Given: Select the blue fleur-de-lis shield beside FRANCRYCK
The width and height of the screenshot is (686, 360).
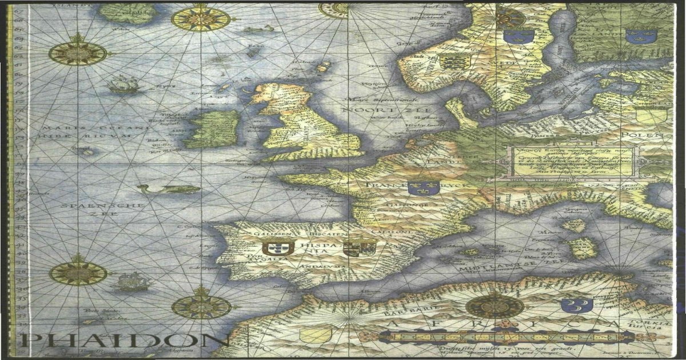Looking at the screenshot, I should pyautogui.click(x=423, y=187).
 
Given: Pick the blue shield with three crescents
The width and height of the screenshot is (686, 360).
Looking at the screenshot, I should pyautogui.click(x=576, y=305).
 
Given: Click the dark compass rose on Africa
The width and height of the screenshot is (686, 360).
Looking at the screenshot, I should pyautogui.click(x=494, y=306).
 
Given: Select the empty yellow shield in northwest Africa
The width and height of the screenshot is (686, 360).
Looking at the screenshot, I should pyautogui.click(x=316, y=334).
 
